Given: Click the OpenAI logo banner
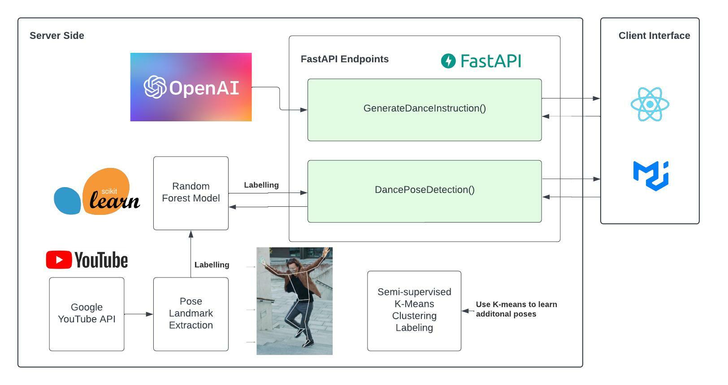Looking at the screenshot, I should point(191,87).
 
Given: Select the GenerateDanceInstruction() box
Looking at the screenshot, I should point(424,110).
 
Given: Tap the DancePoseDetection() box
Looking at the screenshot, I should point(424,191).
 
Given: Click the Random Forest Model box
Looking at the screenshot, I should point(191,193).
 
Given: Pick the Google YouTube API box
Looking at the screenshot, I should point(87,314).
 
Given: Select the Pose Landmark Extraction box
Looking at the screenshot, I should point(191,314).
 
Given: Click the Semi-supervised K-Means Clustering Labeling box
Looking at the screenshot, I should point(414,310).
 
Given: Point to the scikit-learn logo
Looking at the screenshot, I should point(97,192).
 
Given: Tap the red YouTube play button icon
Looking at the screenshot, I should point(59,260).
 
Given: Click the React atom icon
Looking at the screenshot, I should point(650,104).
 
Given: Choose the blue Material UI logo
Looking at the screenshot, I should point(650,175).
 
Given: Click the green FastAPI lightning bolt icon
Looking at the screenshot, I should point(448,61).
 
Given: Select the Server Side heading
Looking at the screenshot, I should point(57,36).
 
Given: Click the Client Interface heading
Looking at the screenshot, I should point(654,36).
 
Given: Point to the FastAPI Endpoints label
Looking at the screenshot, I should point(344,59).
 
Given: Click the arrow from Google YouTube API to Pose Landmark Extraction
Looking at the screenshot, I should point(139,314).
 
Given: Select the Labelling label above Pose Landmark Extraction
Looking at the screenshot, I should point(212,265).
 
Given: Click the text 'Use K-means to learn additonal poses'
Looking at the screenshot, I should point(516,309).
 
